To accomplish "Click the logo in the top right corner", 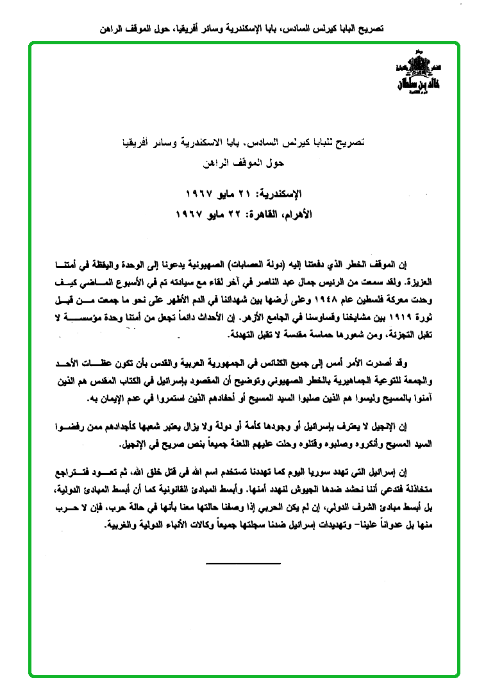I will pyautogui.click(x=417, y=76).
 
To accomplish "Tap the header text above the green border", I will pyautogui.click(x=243, y=29).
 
